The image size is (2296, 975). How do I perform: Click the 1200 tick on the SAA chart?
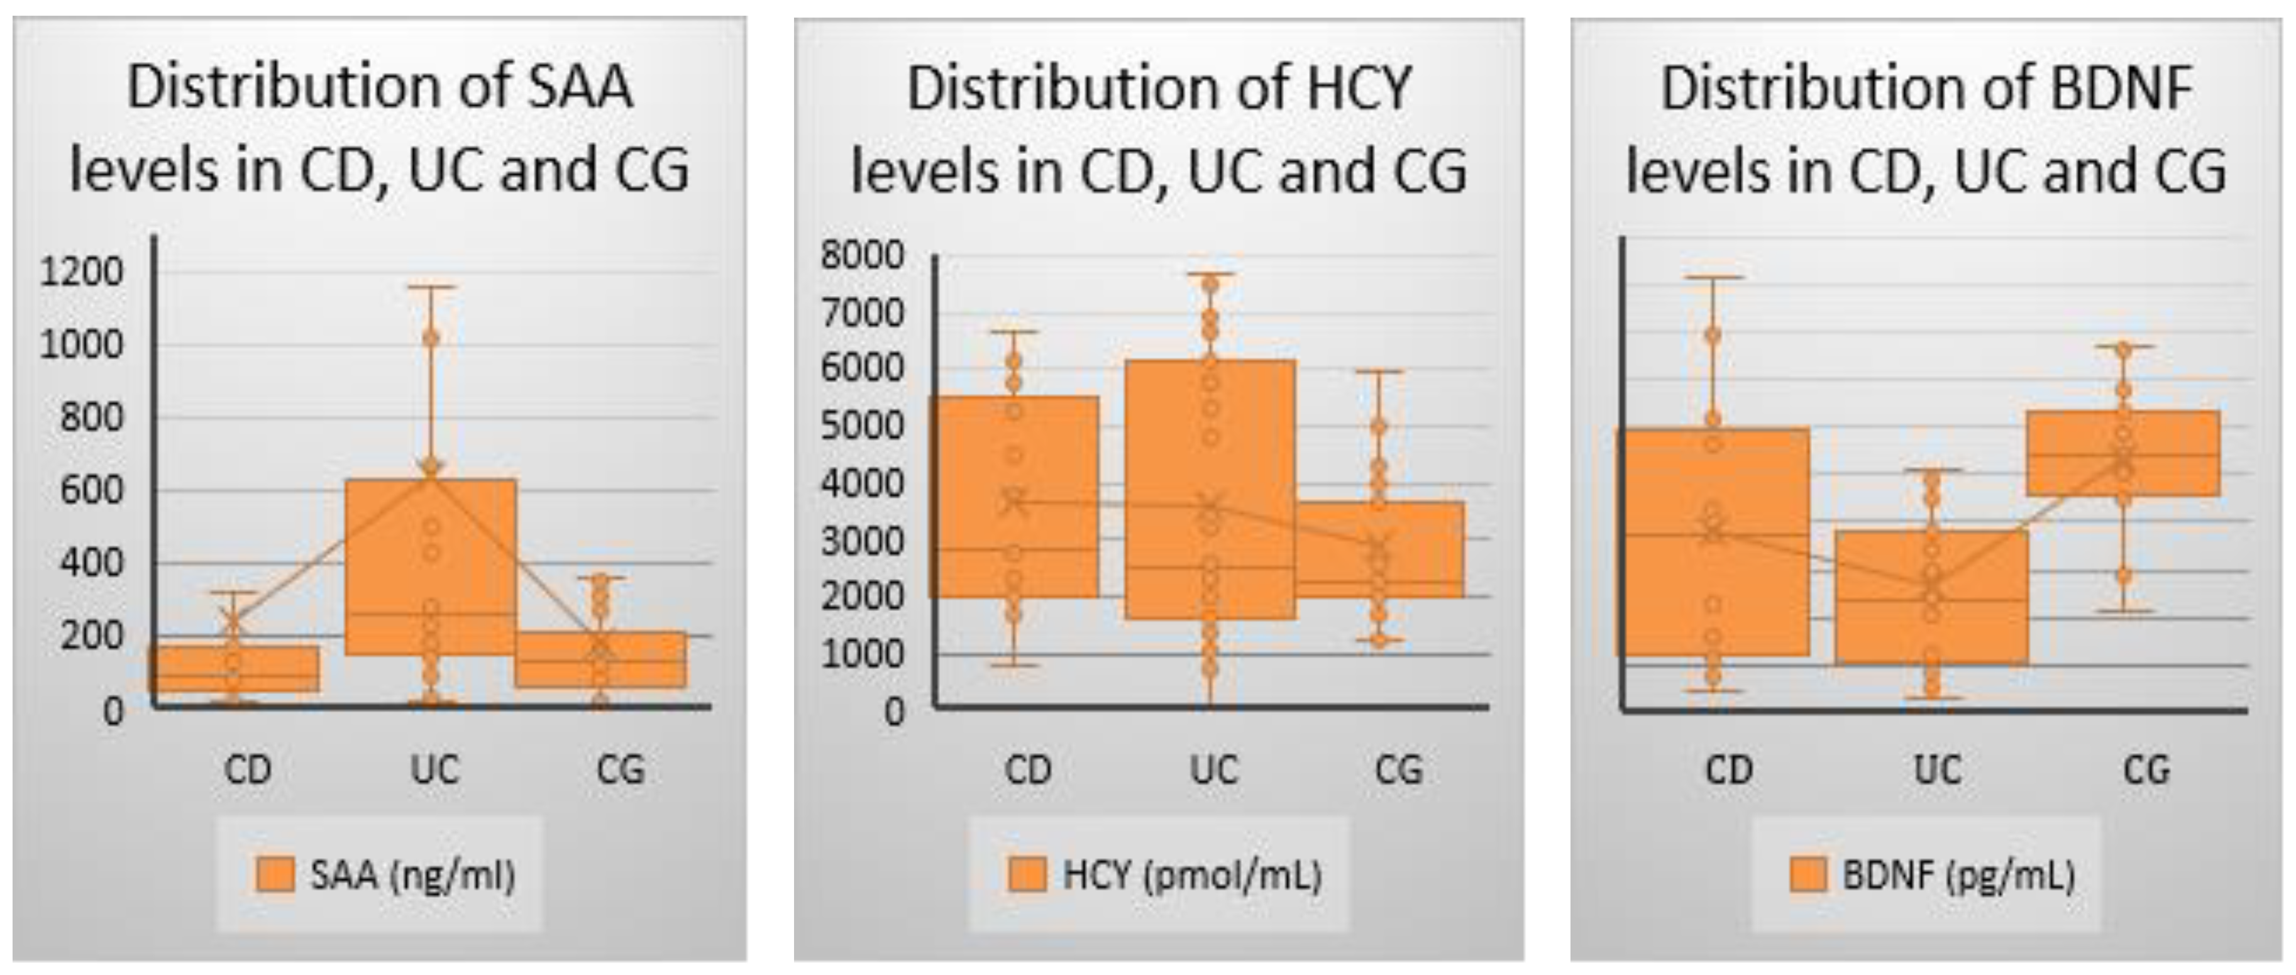tap(81, 272)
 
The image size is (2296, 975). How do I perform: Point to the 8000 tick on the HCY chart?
tap(862, 256)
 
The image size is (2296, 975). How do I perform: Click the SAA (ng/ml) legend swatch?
tap(275, 874)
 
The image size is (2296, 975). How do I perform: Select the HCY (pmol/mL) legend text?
tap(1191, 875)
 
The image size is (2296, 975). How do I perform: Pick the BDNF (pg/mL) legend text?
tap(1958, 875)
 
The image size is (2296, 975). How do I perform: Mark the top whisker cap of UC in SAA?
tap(431, 287)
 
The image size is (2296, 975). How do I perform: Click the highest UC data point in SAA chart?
tap(431, 338)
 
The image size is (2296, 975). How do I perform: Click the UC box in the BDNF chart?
tap(1931, 597)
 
